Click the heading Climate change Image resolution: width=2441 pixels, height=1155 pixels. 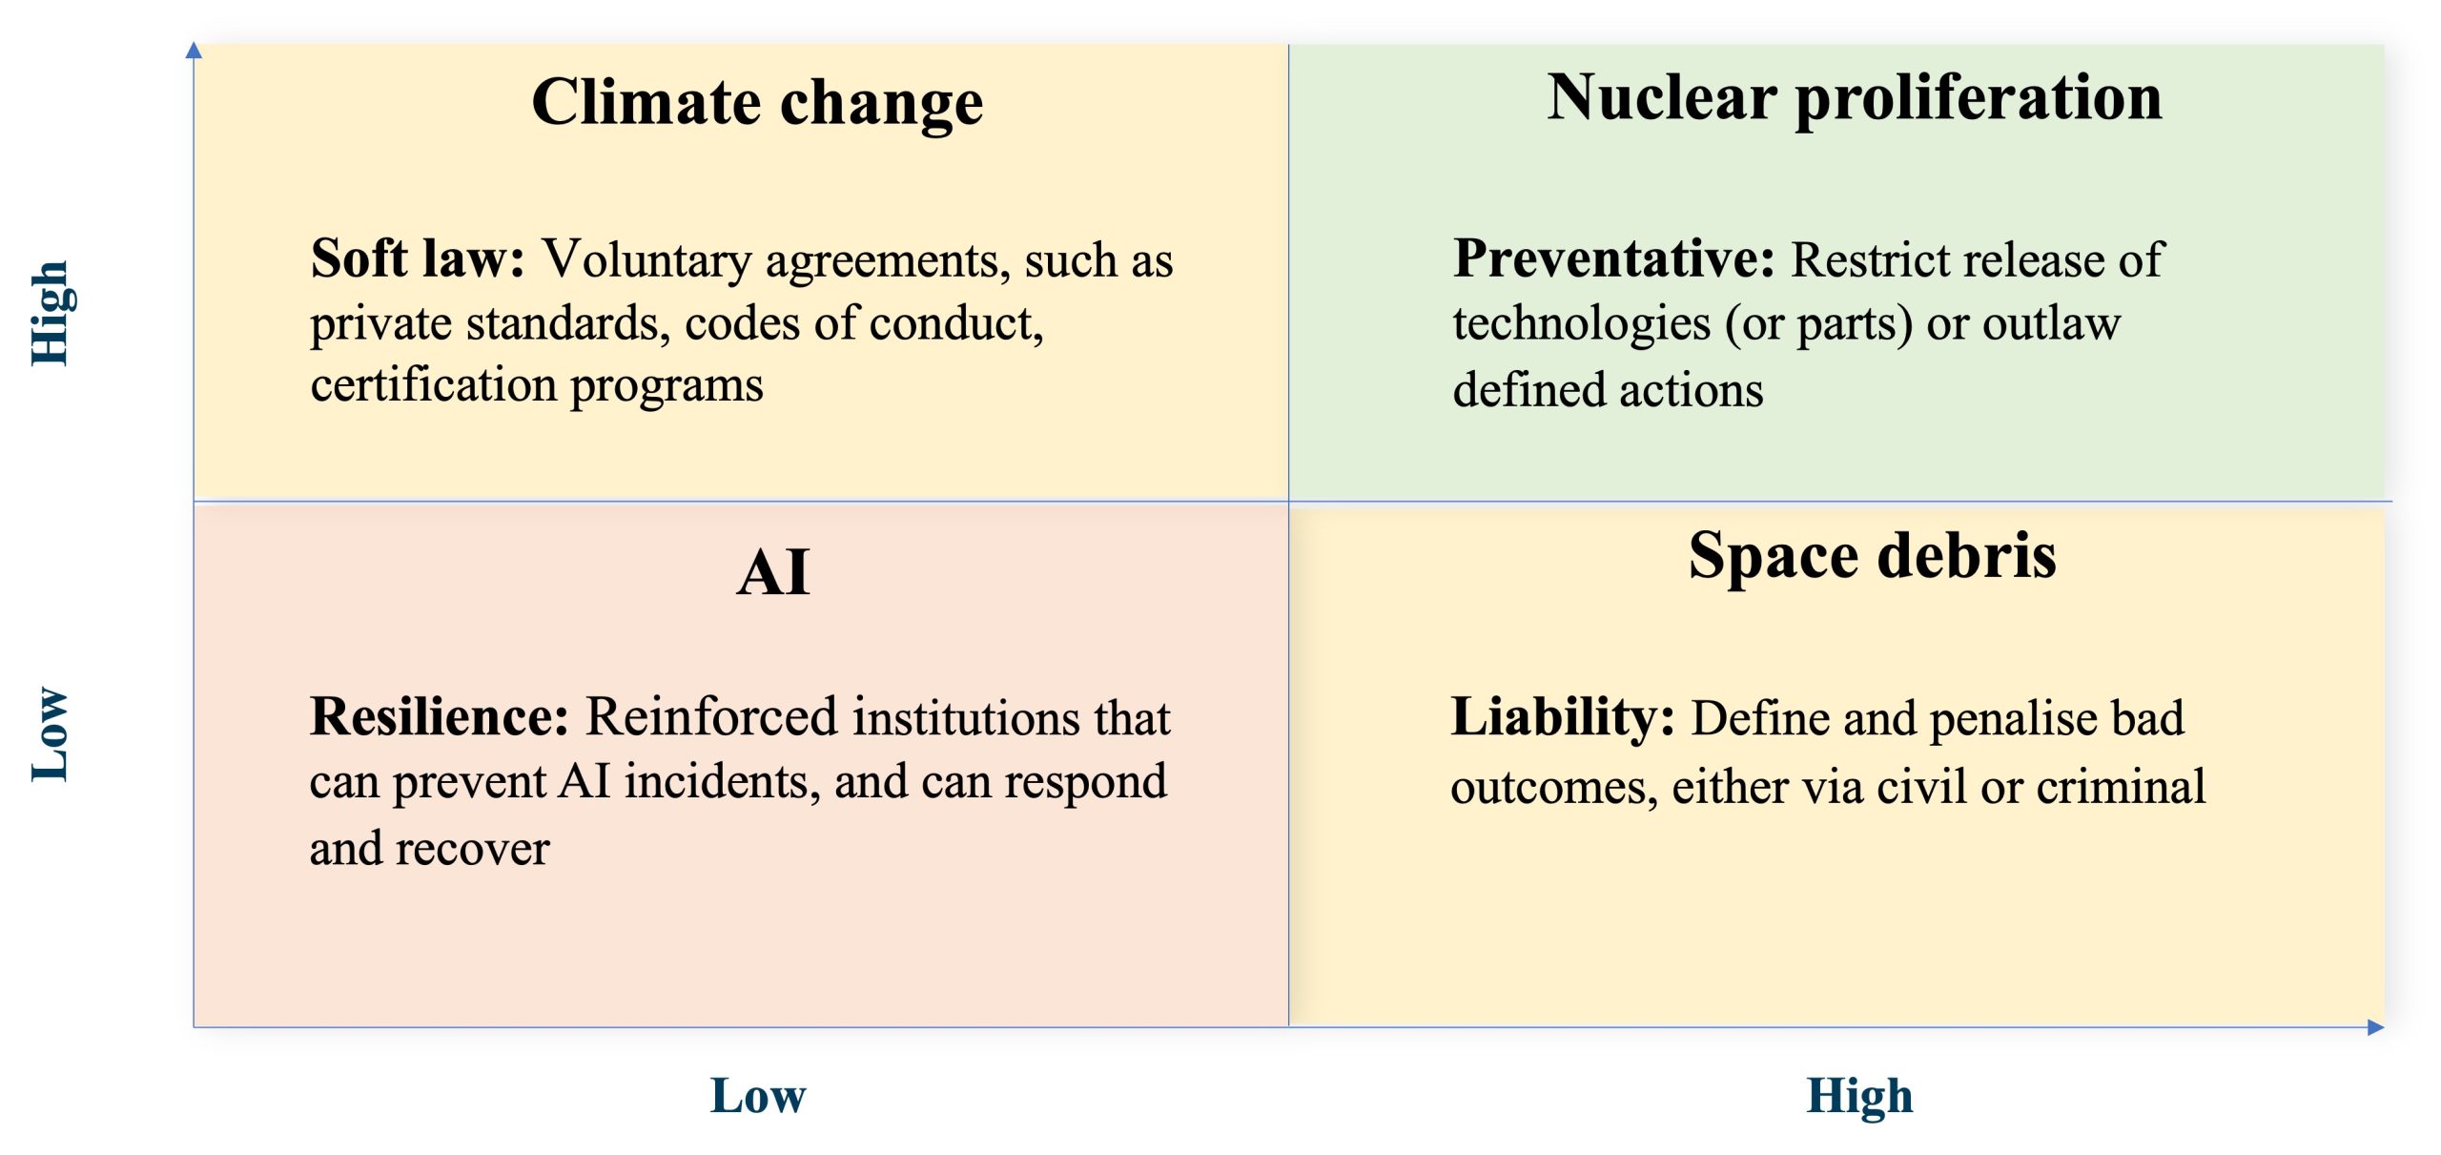click(757, 103)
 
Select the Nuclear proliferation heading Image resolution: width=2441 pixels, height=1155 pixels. click(1855, 99)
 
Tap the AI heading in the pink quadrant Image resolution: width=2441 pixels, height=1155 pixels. click(773, 572)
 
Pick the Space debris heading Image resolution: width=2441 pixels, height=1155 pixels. click(1872, 556)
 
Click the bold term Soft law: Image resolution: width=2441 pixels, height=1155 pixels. click(418, 258)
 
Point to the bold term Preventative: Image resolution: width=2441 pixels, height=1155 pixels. click(1613, 258)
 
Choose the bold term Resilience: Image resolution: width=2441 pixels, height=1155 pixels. click(440, 716)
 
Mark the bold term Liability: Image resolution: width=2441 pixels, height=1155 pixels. click(1563, 718)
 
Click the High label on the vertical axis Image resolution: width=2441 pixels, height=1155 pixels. click(51, 314)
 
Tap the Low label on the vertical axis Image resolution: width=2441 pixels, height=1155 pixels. click(51, 734)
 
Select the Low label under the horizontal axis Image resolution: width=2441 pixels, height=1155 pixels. click(758, 1096)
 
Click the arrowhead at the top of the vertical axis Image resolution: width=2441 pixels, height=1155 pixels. click(194, 49)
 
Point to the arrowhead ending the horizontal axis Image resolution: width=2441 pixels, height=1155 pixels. click(2376, 1027)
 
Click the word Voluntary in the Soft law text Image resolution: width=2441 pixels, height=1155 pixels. click(647, 260)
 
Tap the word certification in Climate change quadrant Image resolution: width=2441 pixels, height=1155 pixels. click(434, 384)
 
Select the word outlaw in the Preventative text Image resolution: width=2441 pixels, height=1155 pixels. click(2052, 323)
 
